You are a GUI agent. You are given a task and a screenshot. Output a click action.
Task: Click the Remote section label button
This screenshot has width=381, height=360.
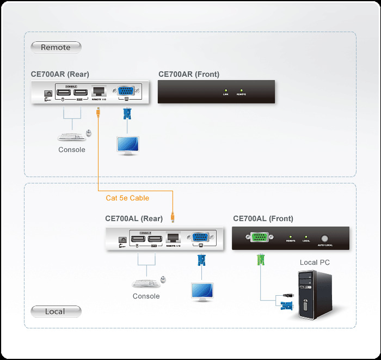(x=56, y=47)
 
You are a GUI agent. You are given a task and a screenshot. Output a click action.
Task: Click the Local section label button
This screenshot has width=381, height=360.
(x=56, y=312)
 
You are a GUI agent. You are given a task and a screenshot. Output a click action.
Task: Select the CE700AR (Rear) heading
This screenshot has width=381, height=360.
(x=60, y=74)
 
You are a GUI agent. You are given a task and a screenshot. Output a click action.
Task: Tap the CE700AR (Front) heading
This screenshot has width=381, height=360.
(x=189, y=74)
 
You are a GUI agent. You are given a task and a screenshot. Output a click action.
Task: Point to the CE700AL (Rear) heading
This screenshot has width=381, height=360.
(x=134, y=218)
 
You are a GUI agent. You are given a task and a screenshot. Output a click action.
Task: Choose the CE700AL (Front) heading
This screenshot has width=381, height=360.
(x=263, y=218)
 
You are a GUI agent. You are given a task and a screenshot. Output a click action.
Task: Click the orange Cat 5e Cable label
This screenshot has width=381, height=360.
(x=127, y=198)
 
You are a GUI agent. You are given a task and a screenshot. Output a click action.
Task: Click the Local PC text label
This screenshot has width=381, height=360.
(x=315, y=263)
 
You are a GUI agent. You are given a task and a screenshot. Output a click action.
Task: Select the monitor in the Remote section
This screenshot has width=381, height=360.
(x=127, y=144)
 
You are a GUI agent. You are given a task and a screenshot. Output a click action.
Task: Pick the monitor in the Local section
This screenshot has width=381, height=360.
(x=201, y=290)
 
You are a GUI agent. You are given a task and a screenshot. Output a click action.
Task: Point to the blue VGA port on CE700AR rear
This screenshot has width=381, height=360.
(x=126, y=91)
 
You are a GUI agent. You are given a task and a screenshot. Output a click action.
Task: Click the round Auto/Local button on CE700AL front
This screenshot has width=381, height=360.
(x=325, y=238)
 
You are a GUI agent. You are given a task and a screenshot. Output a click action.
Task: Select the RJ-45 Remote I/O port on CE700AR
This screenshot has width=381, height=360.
(x=99, y=91)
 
